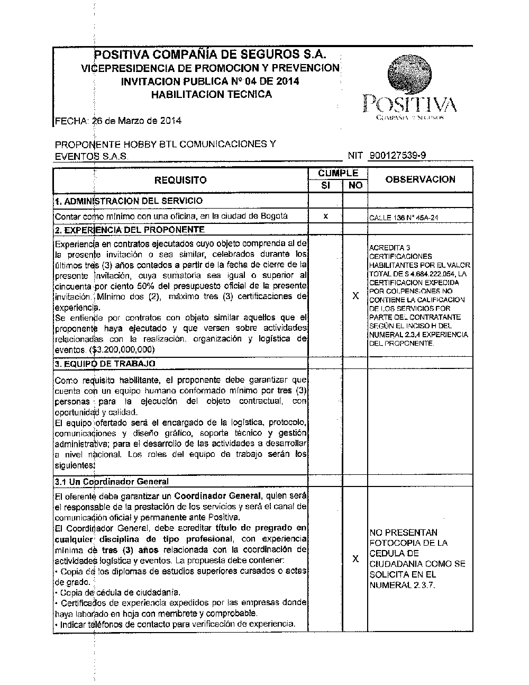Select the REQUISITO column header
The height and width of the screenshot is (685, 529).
180,181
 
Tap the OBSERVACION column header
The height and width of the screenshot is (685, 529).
420,179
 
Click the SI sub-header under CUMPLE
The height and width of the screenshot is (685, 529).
325,186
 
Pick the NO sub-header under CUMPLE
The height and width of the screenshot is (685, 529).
355,186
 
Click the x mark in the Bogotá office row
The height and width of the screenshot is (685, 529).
325,216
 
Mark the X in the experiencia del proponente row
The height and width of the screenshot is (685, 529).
355,296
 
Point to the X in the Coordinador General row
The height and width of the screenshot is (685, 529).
355,559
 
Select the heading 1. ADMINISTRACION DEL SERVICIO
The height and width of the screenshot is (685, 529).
129,201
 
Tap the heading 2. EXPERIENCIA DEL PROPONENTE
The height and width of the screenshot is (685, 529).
130,230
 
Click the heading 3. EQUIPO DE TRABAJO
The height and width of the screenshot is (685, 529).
105,364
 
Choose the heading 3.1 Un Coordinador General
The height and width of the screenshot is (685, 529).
112,482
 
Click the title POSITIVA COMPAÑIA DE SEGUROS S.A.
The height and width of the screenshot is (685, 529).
210,55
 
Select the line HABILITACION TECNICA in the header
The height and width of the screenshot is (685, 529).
211,95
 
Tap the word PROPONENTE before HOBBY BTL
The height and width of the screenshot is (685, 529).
81,144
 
